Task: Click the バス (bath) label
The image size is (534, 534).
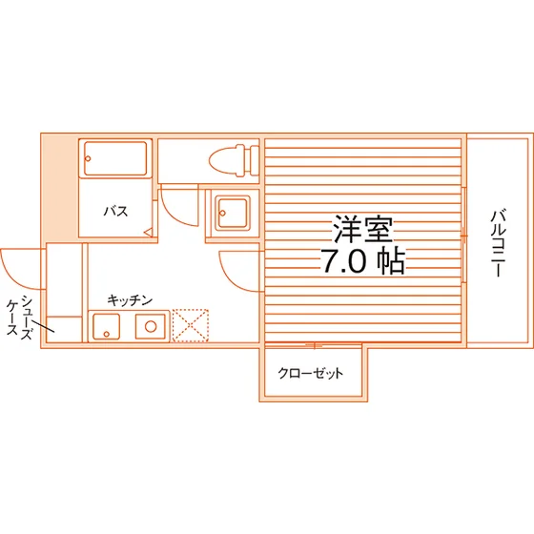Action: click(x=115, y=212)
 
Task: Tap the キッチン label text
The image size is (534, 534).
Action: click(x=130, y=300)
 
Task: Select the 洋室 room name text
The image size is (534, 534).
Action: click(x=362, y=229)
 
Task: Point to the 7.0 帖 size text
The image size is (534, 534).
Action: click(x=363, y=261)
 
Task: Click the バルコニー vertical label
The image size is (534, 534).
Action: click(x=498, y=244)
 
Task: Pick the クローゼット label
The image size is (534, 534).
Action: click(x=311, y=374)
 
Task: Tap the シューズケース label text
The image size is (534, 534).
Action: click(x=20, y=318)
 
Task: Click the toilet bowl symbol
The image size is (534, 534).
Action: click(x=227, y=161)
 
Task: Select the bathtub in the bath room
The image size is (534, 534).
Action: click(x=115, y=158)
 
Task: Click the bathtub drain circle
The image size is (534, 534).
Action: click(x=88, y=158)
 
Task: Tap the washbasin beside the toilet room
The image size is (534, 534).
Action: click(x=233, y=214)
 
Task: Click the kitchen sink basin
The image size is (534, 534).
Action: click(x=106, y=327)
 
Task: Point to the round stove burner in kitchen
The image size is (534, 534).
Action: click(x=151, y=326)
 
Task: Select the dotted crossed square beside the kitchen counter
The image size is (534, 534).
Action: click(x=191, y=325)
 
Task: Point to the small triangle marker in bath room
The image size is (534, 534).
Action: click(x=148, y=233)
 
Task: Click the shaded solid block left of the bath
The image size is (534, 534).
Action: click(x=60, y=188)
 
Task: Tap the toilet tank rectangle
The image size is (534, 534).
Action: click(x=255, y=161)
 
